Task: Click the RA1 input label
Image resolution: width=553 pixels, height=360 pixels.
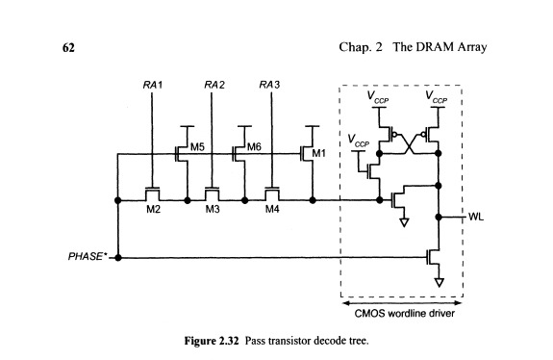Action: point(151,87)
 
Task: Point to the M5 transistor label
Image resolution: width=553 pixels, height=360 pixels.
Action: point(197,147)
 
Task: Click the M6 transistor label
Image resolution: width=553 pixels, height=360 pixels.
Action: point(254,147)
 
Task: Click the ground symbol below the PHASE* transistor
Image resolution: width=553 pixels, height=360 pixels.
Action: point(439,283)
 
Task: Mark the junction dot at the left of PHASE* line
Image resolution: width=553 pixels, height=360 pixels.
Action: point(116,258)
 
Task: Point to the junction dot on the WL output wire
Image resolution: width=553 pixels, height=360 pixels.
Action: point(439,218)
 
